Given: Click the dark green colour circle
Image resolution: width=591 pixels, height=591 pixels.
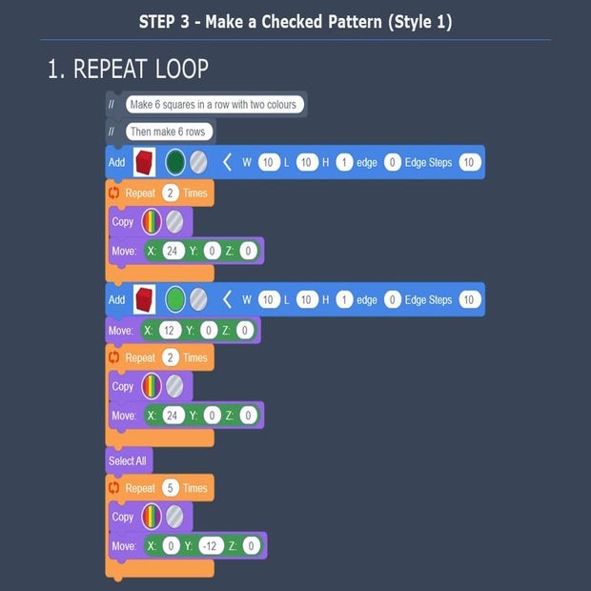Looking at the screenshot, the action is pos(175,162).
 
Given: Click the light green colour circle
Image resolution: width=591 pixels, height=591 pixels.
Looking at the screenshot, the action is pos(175,299).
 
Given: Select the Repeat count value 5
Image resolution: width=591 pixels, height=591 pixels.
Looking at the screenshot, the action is pos(170,488).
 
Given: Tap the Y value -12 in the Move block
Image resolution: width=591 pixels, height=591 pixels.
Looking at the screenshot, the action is pos(210,546).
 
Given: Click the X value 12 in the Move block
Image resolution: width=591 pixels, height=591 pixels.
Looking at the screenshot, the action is pos(169,331).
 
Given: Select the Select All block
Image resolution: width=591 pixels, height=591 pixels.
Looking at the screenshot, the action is pos(129,460).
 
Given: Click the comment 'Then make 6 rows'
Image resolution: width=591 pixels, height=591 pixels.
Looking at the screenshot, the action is pos(168,132).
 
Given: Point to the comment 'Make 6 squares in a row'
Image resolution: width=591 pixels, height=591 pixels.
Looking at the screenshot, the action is pos(214,105).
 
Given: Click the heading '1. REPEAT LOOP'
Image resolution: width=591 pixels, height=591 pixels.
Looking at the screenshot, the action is pos(128,69).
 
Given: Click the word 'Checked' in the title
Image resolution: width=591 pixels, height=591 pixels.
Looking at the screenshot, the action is pos(292,22).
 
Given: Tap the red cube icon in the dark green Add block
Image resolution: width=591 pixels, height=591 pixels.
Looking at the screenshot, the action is pos(144,162).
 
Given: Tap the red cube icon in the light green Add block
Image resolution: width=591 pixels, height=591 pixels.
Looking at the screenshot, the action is pos(144,299).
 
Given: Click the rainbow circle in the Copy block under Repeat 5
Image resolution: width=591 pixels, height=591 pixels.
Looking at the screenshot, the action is pos(152,517).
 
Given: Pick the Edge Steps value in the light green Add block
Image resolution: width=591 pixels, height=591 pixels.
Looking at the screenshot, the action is pos(470,299).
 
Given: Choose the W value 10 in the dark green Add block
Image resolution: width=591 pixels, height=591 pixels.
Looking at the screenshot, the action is pos(269,162).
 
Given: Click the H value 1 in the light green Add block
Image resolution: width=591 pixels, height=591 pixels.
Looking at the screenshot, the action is pos(344,299).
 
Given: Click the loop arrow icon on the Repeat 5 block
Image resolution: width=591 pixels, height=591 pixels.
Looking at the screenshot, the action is pos(113,488).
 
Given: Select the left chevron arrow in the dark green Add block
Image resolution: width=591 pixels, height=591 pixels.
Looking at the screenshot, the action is pos(227,162).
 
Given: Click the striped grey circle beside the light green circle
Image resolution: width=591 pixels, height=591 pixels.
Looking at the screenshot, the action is pos(198,299).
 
